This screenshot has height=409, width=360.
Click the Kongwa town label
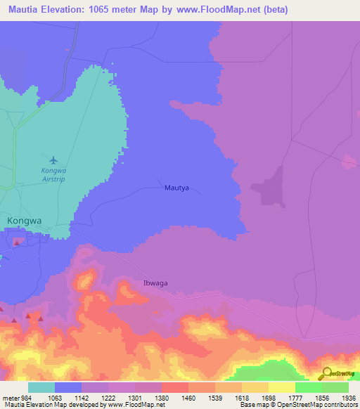[25, 221]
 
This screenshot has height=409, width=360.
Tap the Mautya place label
[177, 188]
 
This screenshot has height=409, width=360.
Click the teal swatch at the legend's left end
[41, 387]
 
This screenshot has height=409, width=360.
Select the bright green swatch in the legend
[308, 387]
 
